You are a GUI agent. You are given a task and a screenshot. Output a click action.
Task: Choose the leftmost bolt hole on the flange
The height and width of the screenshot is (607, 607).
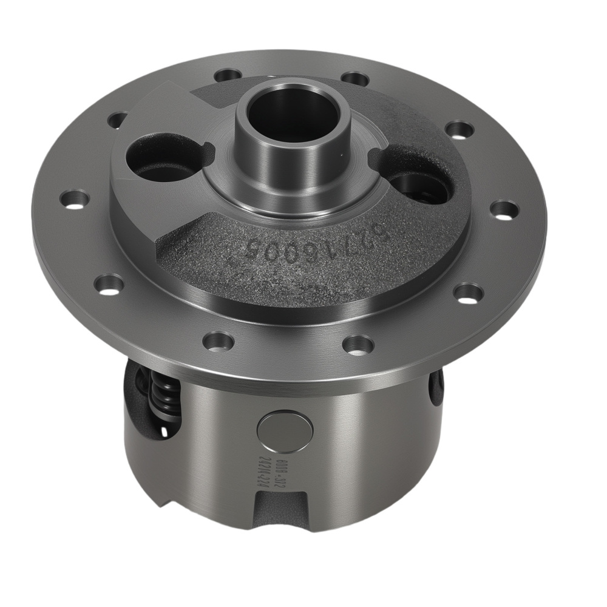[x=74, y=199]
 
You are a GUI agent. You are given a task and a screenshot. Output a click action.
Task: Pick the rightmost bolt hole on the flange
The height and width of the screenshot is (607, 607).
[x=504, y=210]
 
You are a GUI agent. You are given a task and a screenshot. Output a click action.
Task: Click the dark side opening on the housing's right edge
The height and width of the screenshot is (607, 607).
[x=435, y=388]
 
